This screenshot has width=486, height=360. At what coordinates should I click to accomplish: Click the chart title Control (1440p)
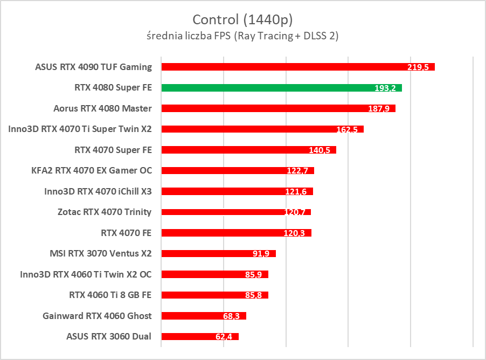pyautogui.click(x=242, y=20)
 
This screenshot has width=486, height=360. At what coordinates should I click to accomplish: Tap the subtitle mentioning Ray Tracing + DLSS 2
pyautogui.click(x=242, y=36)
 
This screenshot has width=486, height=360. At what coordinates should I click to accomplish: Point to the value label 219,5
pyautogui.click(x=418, y=67)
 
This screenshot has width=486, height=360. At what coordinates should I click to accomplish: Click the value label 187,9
pyautogui.click(x=379, y=108)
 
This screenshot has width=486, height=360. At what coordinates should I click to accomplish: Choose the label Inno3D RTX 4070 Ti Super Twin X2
pyautogui.click(x=80, y=129)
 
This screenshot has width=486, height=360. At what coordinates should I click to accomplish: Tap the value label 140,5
pyautogui.click(x=320, y=150)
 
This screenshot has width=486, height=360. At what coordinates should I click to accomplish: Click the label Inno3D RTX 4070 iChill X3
pyautogui.click(x=98, y=191)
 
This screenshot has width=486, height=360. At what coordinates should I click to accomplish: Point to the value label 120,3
pyautogui.click(x=294, y=233)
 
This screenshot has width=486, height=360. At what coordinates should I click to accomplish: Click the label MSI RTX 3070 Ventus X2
pyautogui.click(x=100, y=253)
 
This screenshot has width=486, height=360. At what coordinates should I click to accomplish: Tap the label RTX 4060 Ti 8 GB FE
pyautogui.click(x=110, y=295)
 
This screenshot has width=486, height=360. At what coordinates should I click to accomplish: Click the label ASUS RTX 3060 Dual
pyautogui.click(x=109, y=337)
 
